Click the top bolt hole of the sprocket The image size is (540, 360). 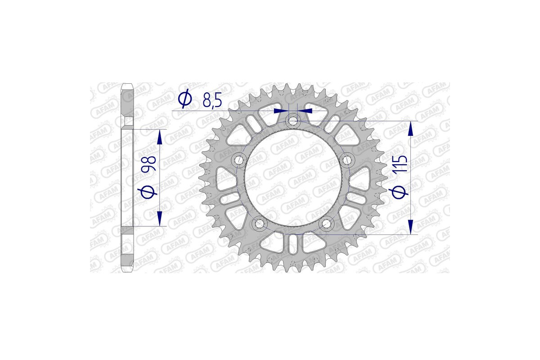pos(293,120)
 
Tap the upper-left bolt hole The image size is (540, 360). pos(238,159)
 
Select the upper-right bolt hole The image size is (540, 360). pos(347,159)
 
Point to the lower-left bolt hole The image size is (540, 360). pos(259,222)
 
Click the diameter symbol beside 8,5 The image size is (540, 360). pos(185,100)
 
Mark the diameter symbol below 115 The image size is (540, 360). pos(400,192)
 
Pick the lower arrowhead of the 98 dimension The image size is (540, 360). pos(159,219)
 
